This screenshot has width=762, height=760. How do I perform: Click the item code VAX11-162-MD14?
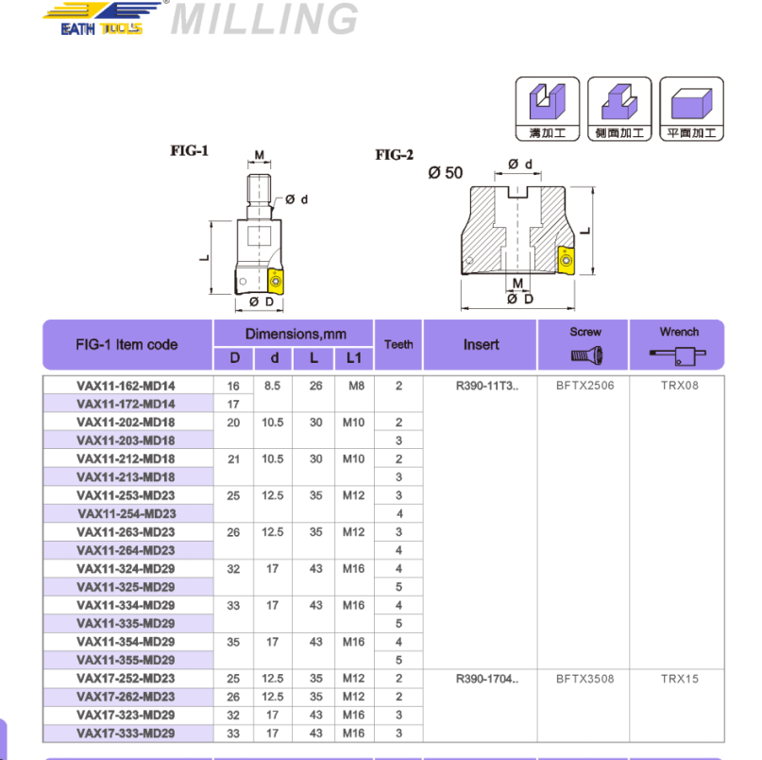pyautogui.click(x=126, y=386)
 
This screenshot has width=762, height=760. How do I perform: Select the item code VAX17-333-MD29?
pyautogui.click(x=126, y=734)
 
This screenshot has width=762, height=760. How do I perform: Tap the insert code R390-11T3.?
pyautogui.click(x=486, y=386)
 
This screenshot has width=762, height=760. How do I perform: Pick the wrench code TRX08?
pyautogui.click(x=680, y=386)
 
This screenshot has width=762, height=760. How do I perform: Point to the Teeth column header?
pyautogui.click(x=398, y=345)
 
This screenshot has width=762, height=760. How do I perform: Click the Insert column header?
pyautogui.click(x=481, y=345)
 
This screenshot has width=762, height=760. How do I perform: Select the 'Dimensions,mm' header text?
pyautogui.click(x=296, y=334)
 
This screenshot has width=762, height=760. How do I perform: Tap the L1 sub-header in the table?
pyautogui.click(x=354, y=358)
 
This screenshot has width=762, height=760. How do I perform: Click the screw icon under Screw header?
pyautogui.click(x=586, y=356)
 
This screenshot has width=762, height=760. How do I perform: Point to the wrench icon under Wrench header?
pyautogui.click(x=678, y=355)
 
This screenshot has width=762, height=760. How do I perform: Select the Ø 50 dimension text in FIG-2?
pyautogui.click(x=446, y=172)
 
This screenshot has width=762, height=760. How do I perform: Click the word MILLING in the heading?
pyautogui.click(x=265, y=19)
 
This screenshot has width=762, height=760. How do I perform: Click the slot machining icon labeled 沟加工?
pyautogui.click(x=548, y=109)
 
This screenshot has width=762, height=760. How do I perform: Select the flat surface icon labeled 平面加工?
pyautogui.click(x=691, y=109)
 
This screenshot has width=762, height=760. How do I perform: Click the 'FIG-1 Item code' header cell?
pyautogui.click(x=127, y=345)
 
